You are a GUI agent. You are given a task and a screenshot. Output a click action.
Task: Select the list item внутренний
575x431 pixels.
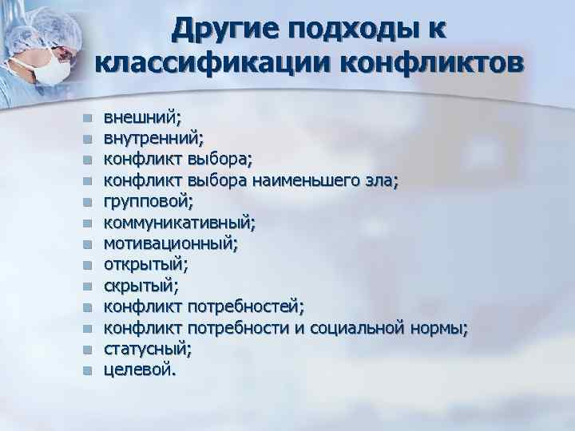153,138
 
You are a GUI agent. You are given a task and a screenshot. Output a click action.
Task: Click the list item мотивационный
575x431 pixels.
170,243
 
